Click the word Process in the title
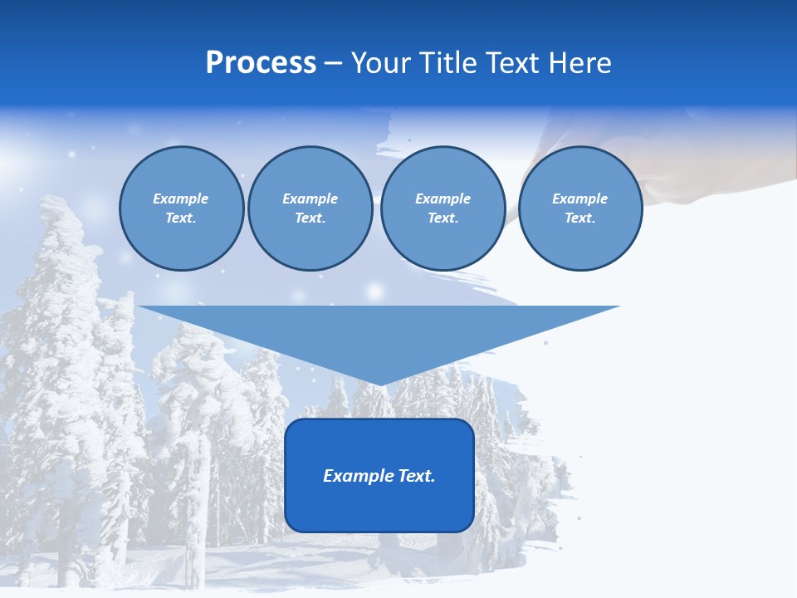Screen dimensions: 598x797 (x=261, y=63)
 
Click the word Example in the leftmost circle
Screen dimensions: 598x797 (x=181, y=199)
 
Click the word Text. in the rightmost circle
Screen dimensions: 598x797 (x=579, y=218)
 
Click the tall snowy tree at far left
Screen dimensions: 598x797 (x=54, y=332)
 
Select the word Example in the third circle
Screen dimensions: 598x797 (x=443, y=199)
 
